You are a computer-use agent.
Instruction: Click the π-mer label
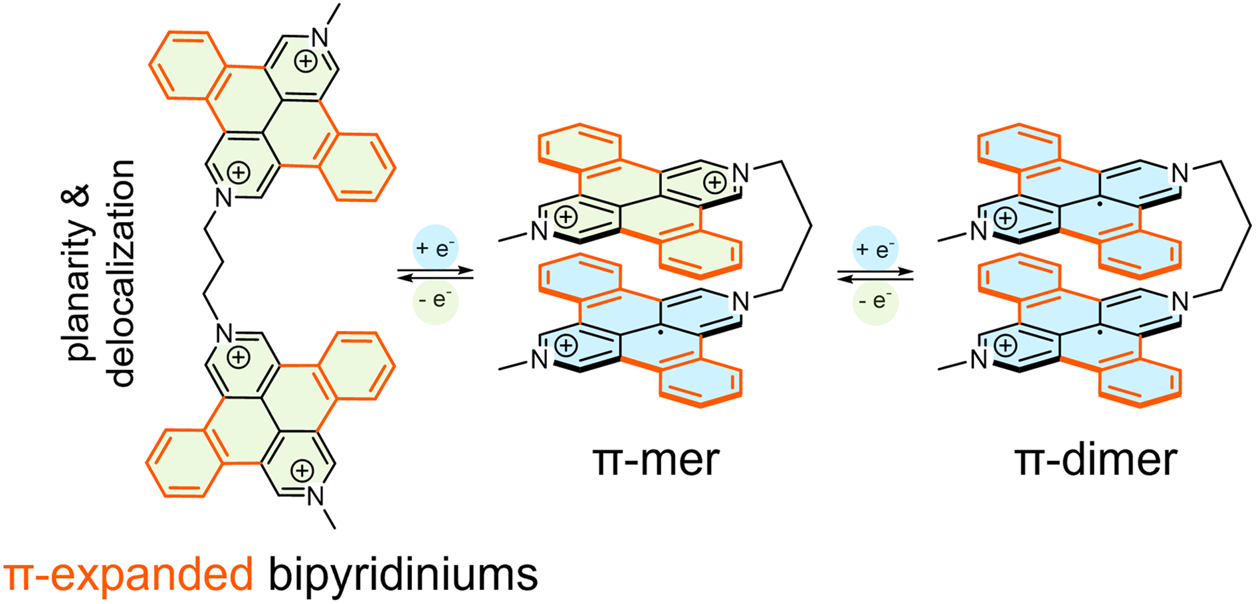tap(656, 460)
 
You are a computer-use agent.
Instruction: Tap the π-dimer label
tap(1097, 460)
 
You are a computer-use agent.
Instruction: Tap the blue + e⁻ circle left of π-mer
tap(435, 249)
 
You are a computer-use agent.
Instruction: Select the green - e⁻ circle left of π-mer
tap(436, 301)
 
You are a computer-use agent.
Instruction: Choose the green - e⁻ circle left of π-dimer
tap(876, 302)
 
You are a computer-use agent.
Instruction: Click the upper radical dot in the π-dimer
tap(1101, 202)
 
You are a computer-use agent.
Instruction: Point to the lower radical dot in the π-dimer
tap(1101, 330)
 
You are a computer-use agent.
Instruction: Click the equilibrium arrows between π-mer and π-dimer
tap(875, 275)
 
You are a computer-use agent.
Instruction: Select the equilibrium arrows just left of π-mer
tap(435, 274)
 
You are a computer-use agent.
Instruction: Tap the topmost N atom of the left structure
tap(320, 38)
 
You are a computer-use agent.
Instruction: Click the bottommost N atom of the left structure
tap(315, 496)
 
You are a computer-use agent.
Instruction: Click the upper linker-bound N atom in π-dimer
tap(1180, 173)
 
